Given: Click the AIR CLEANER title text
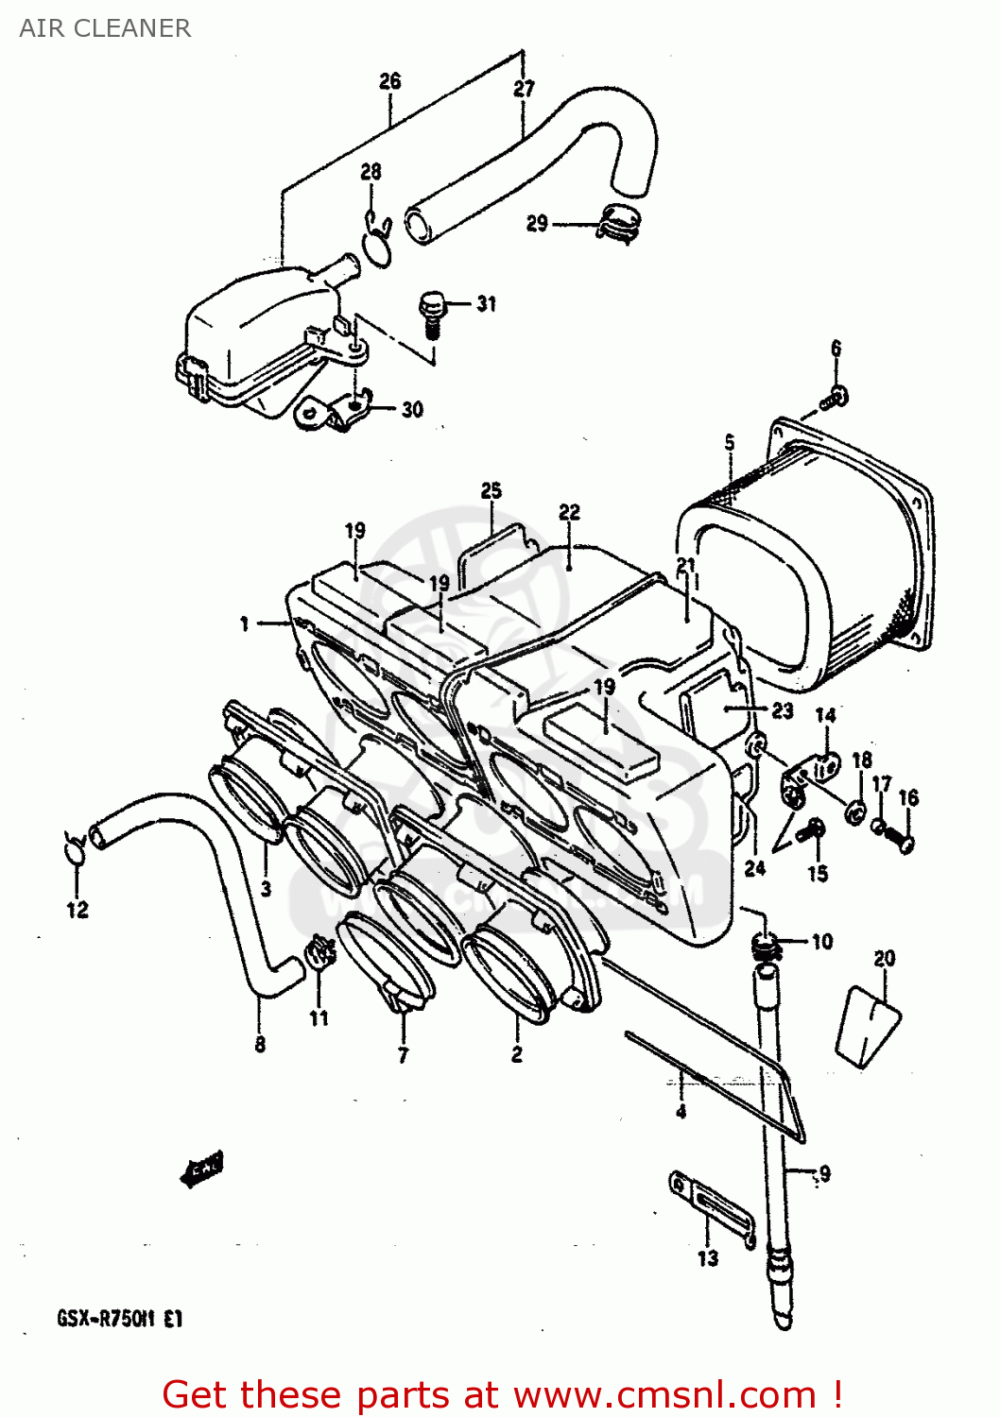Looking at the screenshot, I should coord(105,28).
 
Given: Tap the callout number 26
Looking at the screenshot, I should coord(389,81).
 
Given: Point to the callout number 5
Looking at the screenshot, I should coord(729,442).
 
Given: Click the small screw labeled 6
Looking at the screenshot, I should coord(835,399).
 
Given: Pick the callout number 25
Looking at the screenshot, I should coord(491,490).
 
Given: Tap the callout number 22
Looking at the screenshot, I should coord(569,512).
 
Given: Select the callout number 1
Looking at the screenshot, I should coord(244,623).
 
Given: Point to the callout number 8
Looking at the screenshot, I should coord(260,1044).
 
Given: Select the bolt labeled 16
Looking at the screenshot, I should coord(898,838).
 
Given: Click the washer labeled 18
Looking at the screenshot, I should coord(856,811).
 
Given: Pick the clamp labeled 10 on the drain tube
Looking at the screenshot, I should coord(766,944).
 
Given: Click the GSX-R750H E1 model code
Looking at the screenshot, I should coord(119,1318).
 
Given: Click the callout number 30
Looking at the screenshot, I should coord(412,409).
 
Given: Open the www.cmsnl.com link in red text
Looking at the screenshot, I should coord(664,1394).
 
